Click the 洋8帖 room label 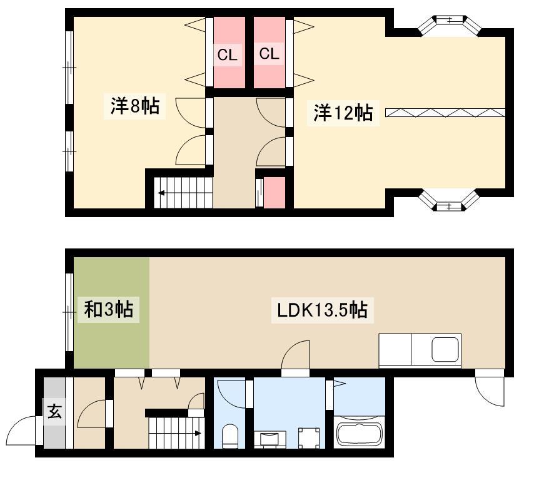tap(135, 106)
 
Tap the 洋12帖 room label tap(343, 113)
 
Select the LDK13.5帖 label tap(322, 310)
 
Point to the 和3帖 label tap(109, 309)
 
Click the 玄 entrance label tap(54, 411)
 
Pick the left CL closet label tap(227, 54)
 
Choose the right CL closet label tap(269, 54)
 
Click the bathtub tap(359, 432)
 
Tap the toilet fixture tap(230, 436)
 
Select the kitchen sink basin tap(445, 349)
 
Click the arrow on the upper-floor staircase tap(161, 193)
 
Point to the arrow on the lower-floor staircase tap(198, 433)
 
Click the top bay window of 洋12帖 tap(450, 25)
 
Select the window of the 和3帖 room tap(69, 312)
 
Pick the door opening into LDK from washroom tap(296, 355)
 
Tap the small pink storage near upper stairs tap(275, 192)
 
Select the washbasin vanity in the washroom tap(270, 439)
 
